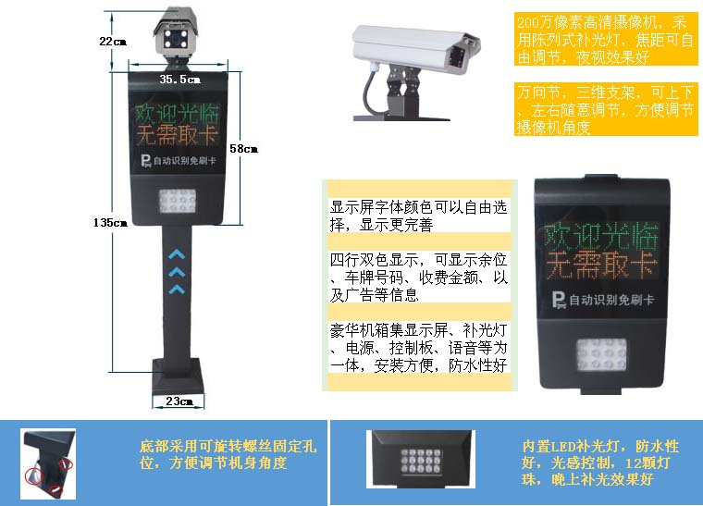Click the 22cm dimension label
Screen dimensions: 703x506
coord(113,42)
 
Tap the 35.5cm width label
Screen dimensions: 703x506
coord(179,80)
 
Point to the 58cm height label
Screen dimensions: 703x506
coord(243,148)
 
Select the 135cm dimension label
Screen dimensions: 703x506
coord(110,222)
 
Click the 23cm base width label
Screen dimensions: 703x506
coord(179,401)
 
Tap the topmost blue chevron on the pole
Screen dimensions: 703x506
coord(177,255)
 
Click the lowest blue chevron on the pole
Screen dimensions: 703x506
coord(177,290)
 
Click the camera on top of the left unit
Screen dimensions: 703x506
coord(176,32)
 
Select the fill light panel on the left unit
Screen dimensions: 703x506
coord(178,201)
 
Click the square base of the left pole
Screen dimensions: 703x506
coord(178,376)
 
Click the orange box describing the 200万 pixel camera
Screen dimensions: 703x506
coord(606,40)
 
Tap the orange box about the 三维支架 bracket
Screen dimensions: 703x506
coord(606,109)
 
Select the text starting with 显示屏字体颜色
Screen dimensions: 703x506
coord(418,216)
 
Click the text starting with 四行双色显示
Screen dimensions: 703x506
coord(419,277)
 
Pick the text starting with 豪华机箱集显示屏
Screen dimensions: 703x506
coord(419,347)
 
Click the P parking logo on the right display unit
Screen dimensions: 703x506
coord(559,301)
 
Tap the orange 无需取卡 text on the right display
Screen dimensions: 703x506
coord(601,265)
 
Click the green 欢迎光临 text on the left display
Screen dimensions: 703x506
coord(177,114)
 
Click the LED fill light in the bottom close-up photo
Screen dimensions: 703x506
coord(421,461)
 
